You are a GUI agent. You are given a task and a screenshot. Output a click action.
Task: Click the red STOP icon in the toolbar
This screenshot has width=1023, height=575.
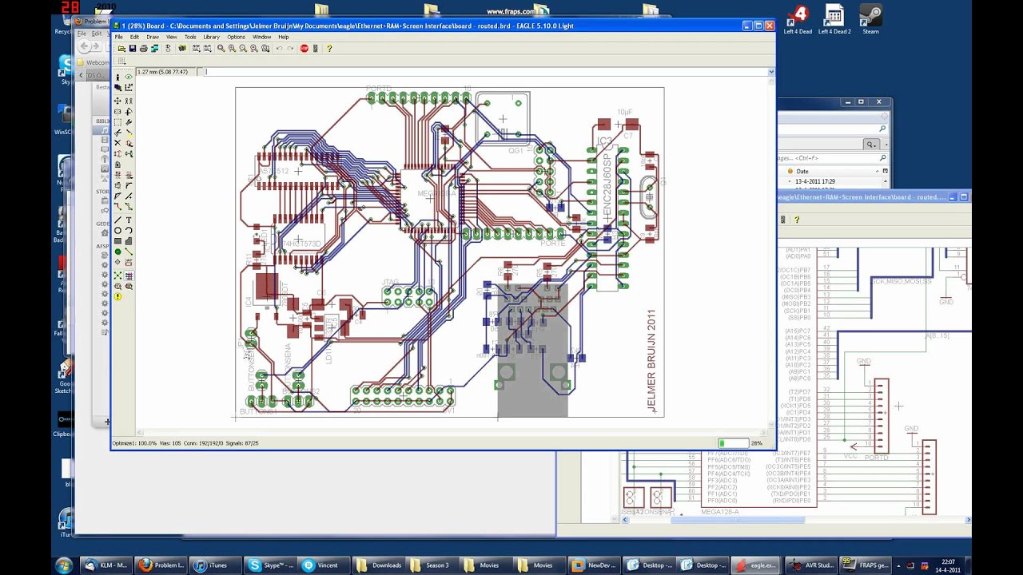(304, 49)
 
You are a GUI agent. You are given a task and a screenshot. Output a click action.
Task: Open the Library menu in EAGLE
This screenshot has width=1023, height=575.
(211, 37)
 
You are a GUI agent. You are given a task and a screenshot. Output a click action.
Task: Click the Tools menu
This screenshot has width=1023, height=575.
(190, 37)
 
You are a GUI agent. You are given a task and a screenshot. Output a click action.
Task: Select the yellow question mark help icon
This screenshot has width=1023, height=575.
(328, 49)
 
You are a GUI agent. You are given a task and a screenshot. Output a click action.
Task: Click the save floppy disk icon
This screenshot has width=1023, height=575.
(133, 49)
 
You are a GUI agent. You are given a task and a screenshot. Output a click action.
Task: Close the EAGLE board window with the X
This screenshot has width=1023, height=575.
(769, 26)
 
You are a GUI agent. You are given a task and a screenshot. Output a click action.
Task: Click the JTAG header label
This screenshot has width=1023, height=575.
(390, 282)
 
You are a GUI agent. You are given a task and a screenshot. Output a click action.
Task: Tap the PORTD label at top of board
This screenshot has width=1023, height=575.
(379, 88)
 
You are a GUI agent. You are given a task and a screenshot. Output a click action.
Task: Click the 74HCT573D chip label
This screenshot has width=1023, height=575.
(301, 244)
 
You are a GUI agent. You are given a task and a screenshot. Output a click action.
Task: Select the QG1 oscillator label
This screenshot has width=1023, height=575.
(515, 149)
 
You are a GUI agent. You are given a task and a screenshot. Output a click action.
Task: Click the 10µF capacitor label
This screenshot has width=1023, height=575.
(625, 113)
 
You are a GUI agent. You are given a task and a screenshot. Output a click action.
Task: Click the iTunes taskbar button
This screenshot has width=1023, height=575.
(211, 565)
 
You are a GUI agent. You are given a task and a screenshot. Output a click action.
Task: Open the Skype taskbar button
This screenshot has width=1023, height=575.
(271, 565)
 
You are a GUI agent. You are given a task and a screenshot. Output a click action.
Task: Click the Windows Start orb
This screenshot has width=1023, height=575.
(64, 565)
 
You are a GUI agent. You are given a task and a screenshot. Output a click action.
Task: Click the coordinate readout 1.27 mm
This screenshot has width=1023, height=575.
(162, 72)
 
